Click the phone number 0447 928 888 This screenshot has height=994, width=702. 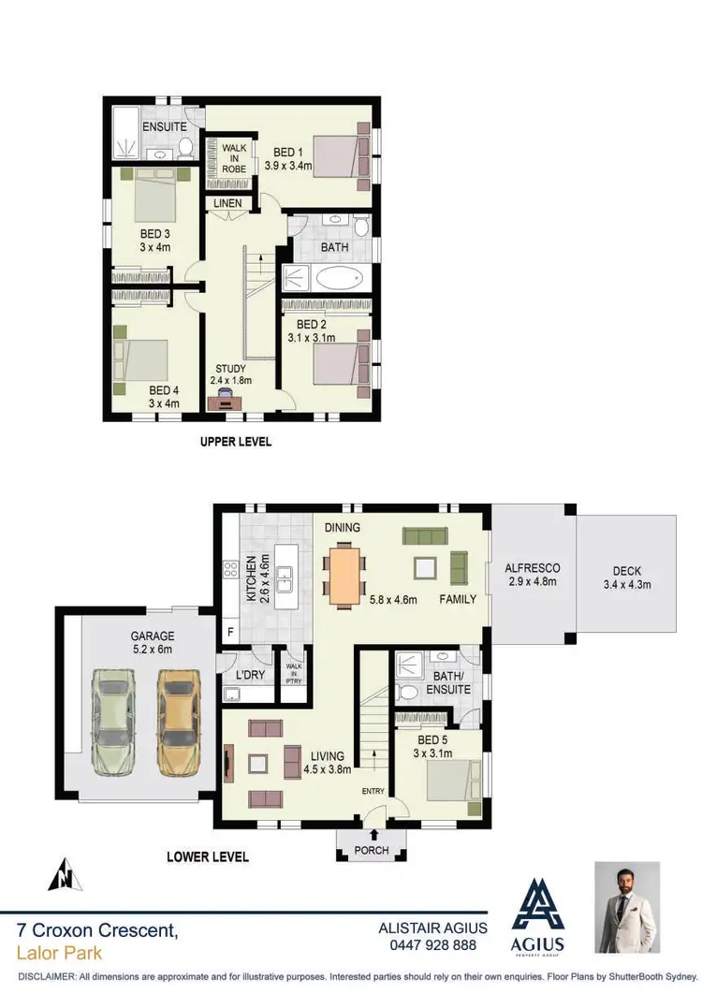point(432,944)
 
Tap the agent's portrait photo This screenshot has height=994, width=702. point(627,908)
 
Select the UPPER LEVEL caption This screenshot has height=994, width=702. point(236,442)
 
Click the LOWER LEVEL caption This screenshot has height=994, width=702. point(207,855)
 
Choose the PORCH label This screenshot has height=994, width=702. point(372,851)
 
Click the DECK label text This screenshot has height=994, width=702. point(627,571)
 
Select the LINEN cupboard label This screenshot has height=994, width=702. point(227,203)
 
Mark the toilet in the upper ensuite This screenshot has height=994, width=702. point(185,147)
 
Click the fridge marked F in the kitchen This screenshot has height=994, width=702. point(229,632)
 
